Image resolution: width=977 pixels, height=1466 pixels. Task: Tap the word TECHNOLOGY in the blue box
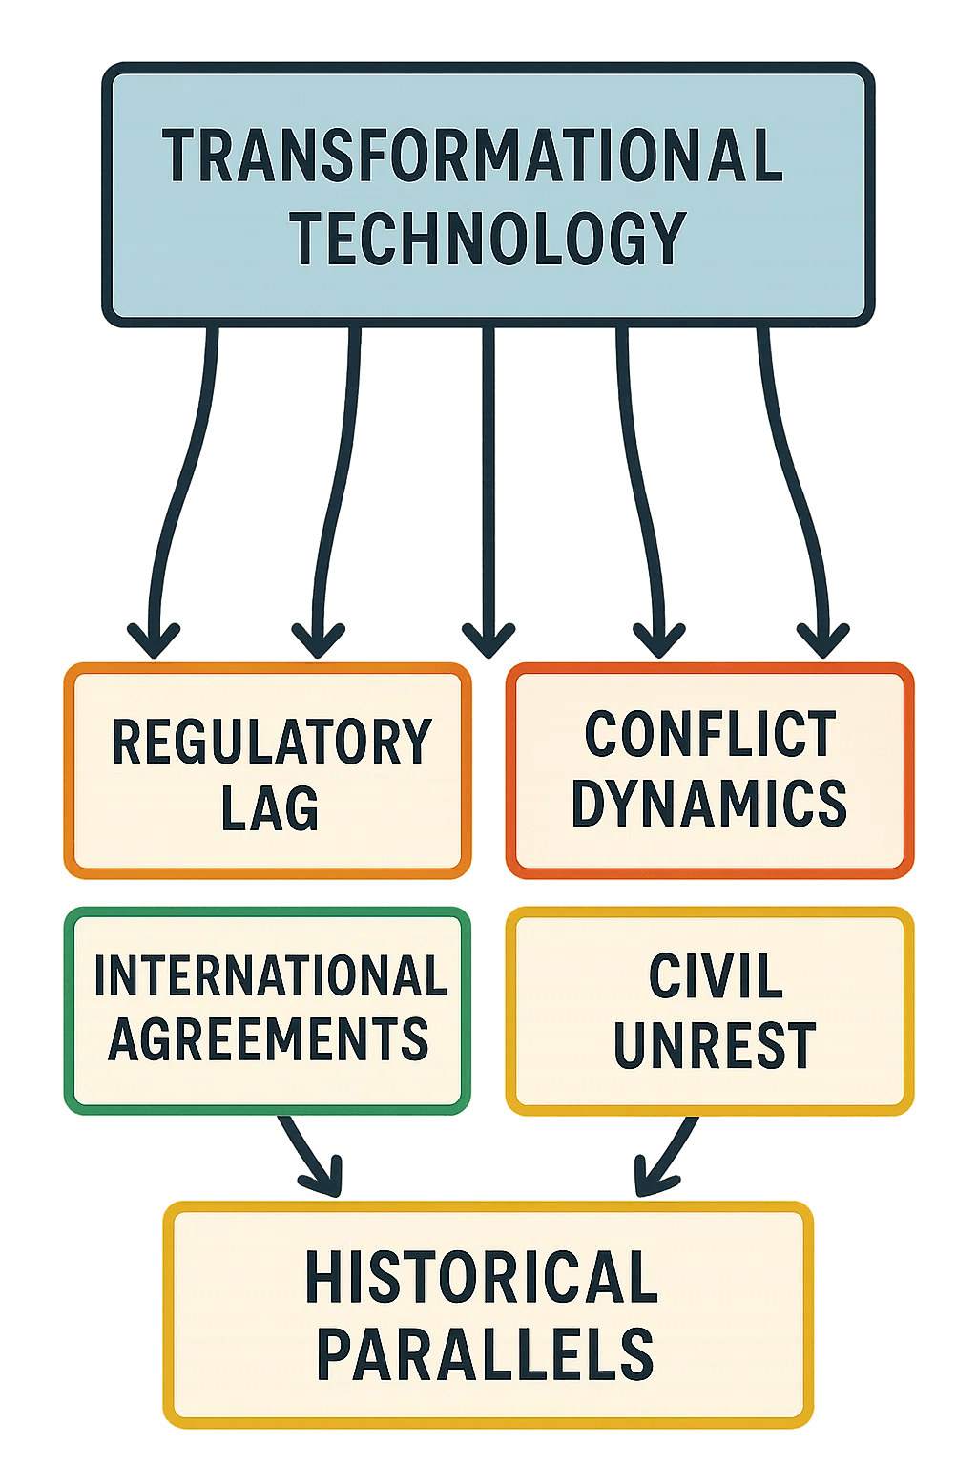click(488, 239)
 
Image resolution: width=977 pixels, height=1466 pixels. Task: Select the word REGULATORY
click(271, 743)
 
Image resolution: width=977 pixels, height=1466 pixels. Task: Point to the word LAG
click(270, 808)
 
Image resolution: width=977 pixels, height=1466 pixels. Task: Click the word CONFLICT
click(710, 735)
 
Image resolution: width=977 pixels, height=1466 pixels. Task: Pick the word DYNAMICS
click(709, 803)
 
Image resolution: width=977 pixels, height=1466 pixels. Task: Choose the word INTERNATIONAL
click(270, 975)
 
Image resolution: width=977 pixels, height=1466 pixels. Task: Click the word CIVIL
click(716, 976)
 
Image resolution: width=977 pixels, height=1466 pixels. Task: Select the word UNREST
click(715, 1045)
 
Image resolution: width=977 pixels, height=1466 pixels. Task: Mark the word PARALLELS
click(485, 1354)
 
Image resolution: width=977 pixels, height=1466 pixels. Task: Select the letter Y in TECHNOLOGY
click(669, 239)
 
